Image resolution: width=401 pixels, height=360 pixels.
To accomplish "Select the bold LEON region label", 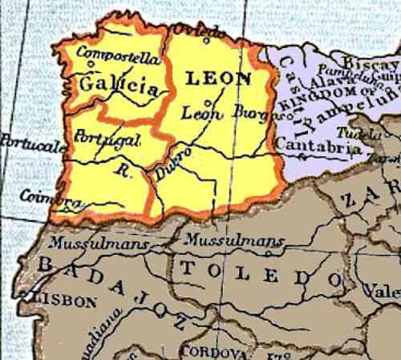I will coord(219,79).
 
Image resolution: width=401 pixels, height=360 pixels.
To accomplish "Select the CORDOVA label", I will coord(209,351).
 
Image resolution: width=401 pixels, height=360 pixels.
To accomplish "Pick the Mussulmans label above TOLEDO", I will coord(233,240).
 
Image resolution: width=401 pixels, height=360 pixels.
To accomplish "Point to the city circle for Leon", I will coord(208,103).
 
